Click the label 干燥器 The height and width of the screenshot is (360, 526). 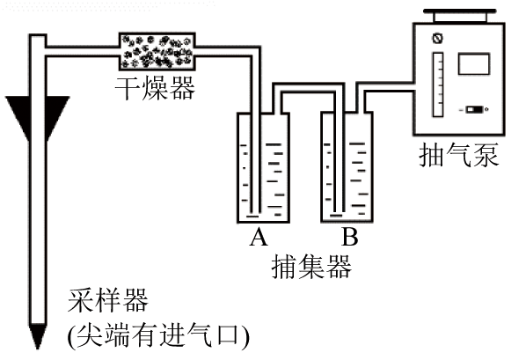(155, 88)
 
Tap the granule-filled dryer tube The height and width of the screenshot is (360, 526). (157, 51)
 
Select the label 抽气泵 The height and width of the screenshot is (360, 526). (459, 155)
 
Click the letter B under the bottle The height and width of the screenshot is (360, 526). (350, 237)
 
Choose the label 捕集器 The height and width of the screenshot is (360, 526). (311, 267)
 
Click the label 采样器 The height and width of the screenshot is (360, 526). (108, 300)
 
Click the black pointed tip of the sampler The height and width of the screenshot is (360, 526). (37, 336)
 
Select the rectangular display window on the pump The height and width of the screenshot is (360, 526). (474, 63)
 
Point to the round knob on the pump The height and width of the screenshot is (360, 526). (437, 38)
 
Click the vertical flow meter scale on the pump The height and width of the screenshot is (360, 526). (438, 84)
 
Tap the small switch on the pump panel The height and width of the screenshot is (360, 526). (474, 109)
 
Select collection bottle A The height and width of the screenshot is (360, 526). (263, 167)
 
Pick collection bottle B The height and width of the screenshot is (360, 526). (347, 167)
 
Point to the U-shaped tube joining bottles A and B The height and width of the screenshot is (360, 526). (308, 87)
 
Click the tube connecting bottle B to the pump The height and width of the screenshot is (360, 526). (386, 86)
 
